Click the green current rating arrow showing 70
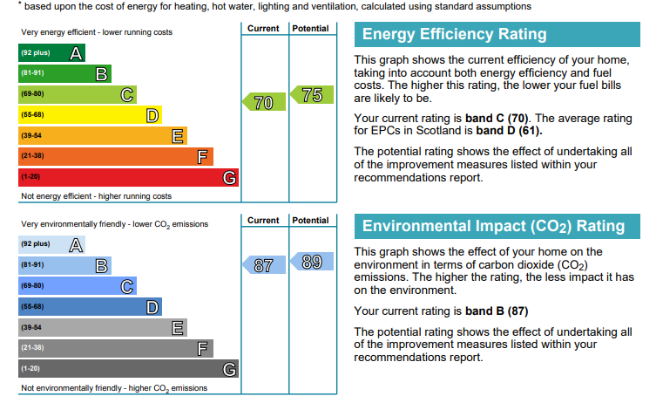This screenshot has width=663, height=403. [x=264, y=102]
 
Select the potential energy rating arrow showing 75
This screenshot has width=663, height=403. [x=312, y=95]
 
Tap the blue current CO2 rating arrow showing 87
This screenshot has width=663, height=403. [x=264, y=265]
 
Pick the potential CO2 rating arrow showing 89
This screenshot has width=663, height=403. [x=312, y=261]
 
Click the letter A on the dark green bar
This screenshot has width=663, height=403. [x=76, y=53]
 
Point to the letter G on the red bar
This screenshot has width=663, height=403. [x=230, y=178]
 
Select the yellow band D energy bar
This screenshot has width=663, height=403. [x=90, y=115]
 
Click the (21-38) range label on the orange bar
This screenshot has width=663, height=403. [x=32, y=156]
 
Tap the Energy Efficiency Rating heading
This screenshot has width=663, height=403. [x=454, y=34]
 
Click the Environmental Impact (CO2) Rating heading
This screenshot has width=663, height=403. [x=493, y=227]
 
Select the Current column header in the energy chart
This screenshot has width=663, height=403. [x=263, y=29]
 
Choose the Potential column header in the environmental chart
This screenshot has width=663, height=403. [x=310, y=220]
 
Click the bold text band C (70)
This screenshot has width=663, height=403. [x=497, y=118]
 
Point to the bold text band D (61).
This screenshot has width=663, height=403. [x=509, y=130]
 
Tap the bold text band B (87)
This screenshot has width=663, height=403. [x=497, y=311]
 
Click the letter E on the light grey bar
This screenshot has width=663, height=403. [x=178, y=328]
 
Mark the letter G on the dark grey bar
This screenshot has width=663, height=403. [x=230, y=370]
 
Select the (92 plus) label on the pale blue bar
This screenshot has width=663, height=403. [x=36, y=244]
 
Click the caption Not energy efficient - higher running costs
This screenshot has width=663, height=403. [x=97, y=196]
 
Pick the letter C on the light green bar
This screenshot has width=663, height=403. [x=127, y=95]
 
